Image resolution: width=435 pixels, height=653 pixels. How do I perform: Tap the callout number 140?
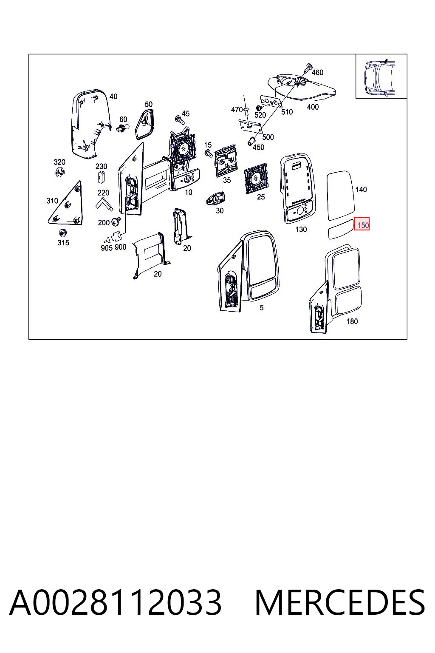click(x=361, y=190)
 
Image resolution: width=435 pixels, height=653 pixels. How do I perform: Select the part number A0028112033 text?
click(x=116, y=602)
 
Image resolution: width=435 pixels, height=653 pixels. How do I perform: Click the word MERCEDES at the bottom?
click(x=340, y=602)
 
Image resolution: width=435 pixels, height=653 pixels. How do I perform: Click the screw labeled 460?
click(x=308, y=68)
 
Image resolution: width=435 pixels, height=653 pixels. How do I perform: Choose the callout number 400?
click(x=313, y=107)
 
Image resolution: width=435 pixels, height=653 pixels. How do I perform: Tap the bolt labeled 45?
click(x=178, y=119)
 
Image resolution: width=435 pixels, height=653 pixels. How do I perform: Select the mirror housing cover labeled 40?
click(x=91, y=124)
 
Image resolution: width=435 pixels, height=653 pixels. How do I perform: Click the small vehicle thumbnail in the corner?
click(x=381, y=77)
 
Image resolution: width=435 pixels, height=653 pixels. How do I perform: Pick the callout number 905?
click(x=106, y=248)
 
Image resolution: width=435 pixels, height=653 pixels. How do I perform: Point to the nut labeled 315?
click(x=62, y=233)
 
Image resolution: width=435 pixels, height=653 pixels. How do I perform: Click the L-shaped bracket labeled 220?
click(x=104, y=203)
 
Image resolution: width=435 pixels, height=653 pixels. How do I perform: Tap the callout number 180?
click(x=352, y=321)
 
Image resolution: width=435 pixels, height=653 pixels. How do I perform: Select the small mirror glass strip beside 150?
click(x=341, y=230)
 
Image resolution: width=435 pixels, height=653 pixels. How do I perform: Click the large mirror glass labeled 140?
click(x=341, y=195)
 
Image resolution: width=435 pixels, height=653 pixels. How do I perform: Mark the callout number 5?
click(x=262, y=307)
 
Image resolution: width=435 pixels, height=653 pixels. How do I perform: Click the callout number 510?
click(x=287, y=112)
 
